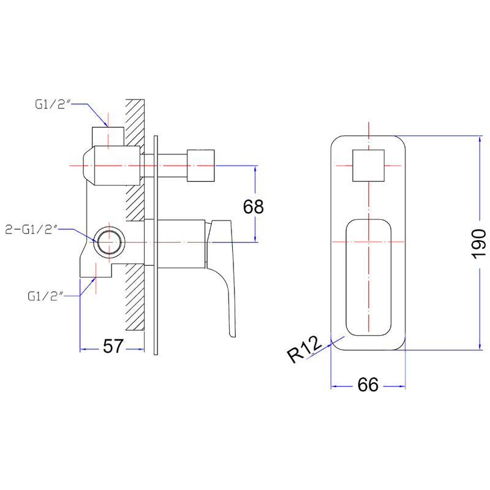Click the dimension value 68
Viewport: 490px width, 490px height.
[x=253, y=206]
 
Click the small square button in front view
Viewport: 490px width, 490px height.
[x=368, y=166]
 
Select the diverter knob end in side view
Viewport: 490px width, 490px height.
[x=201, y=165]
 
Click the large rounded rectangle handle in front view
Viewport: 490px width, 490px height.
[x=368, y=277]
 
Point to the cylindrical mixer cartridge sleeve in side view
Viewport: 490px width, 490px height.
[x=175, y=243]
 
